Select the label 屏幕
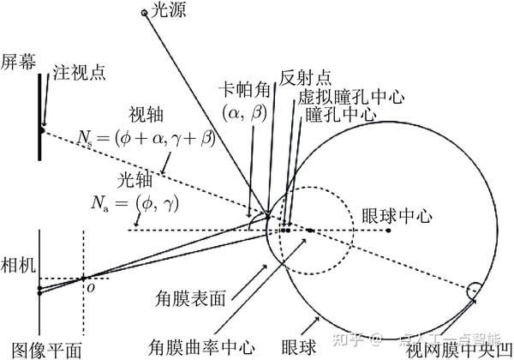tap(18, 61)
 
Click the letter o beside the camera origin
tap(88, 289)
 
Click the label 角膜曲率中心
tap(211, 347)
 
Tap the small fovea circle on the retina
tap(473, 291)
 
